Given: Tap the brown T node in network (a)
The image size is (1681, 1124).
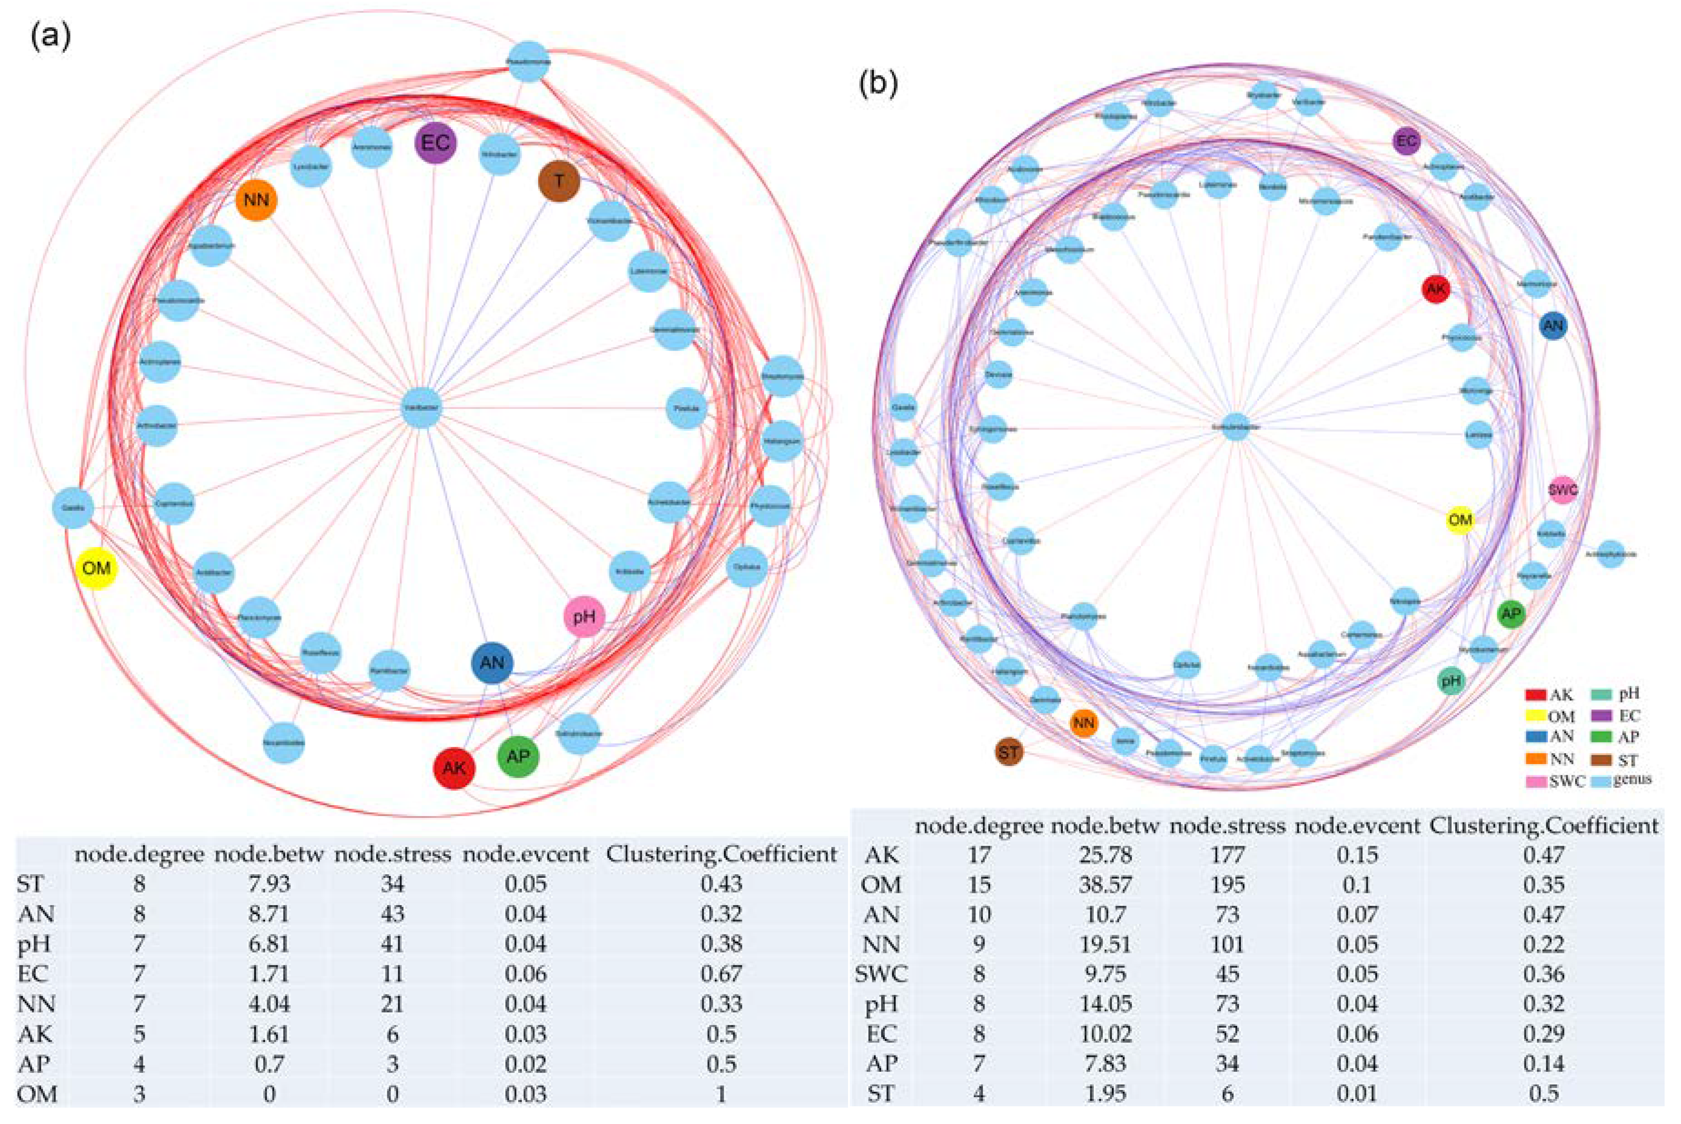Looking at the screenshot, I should pos(559,181).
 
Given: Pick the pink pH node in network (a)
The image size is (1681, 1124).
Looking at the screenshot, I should pos(584,616).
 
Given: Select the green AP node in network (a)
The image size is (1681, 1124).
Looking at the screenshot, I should pos(518,756).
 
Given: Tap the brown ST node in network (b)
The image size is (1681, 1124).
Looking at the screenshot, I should pos(1009,752).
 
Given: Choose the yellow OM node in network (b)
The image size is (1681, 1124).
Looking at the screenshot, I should pos(1460,520).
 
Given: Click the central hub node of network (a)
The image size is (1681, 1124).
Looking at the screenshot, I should pos(421,408).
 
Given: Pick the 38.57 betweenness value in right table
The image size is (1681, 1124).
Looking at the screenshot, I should pos(1105,885).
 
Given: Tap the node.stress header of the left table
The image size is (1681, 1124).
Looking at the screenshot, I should pos(392,854).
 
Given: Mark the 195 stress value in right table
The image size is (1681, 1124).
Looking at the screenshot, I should pos(1227,885).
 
